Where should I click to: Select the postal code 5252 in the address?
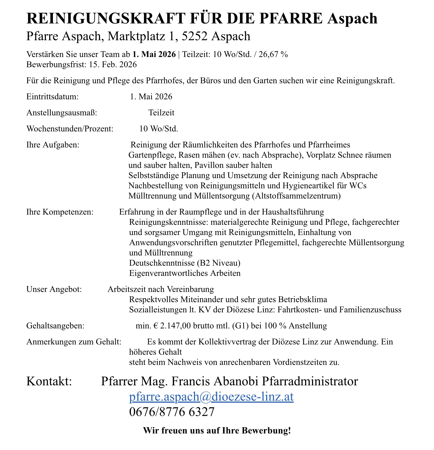point(195,36)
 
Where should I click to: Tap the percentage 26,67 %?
point(273,54)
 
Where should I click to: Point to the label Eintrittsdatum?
point(52,97)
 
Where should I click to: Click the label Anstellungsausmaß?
point(62,113)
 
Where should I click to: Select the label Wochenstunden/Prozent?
point(70,129)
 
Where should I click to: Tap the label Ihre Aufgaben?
point(53,145)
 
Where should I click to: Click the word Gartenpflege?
point(152,155)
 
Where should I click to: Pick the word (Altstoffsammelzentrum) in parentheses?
point(296,196)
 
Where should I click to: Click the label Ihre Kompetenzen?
point(60,212)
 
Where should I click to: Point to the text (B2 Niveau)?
point(219,263)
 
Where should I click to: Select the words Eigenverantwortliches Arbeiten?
point(185,273)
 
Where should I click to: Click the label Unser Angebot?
point(54,289)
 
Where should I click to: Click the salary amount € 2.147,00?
point(172,326)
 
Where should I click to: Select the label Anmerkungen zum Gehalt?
point(74,342)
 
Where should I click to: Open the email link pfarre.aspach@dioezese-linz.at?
point(211,397)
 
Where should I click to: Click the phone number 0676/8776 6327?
point(172,412)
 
